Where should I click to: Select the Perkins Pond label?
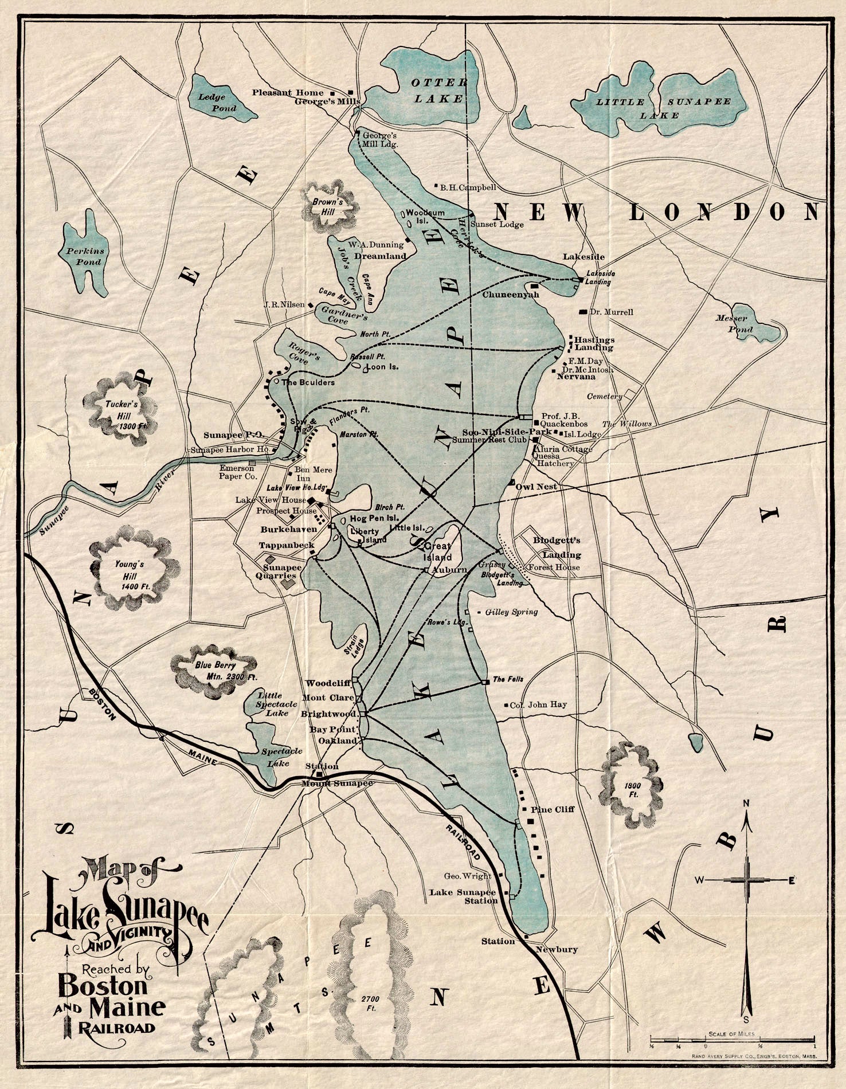point(84,256)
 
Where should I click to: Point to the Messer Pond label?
point(740,323)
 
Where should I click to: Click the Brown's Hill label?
point(327,207)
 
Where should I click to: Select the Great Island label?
point(437,551)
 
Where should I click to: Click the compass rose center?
point(746,880)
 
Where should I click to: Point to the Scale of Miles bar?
point(732,1039)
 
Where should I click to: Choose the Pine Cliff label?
point(553,809)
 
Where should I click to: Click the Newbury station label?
point(556,949)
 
